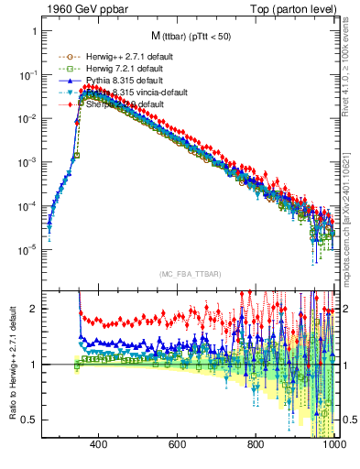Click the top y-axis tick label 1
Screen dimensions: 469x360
pos(34,31)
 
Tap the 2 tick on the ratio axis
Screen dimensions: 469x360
pos(34,309)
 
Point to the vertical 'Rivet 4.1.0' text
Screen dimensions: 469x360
pos(351,69)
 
